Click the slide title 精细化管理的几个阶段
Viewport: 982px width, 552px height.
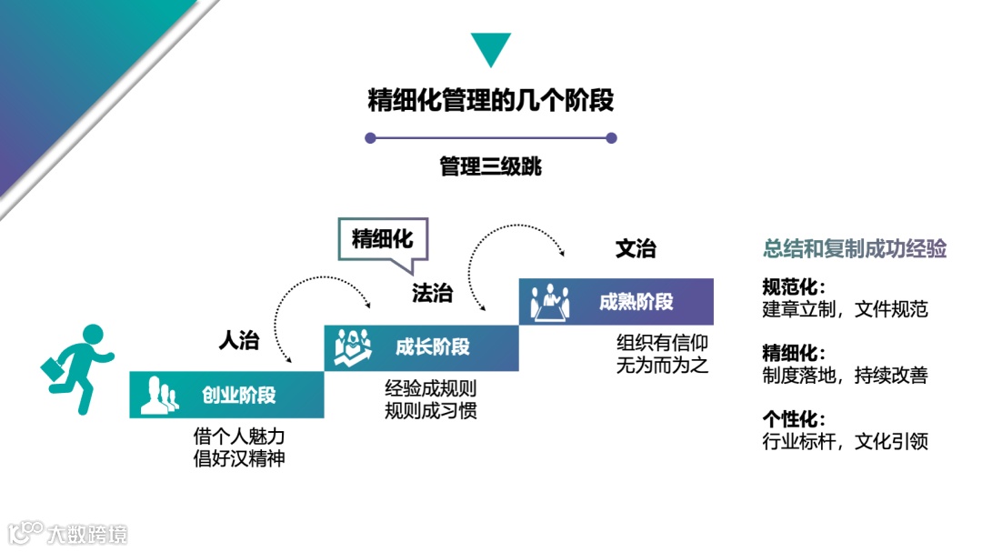490,100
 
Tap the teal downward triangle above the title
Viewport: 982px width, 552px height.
490,47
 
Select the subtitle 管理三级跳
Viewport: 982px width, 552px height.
490,167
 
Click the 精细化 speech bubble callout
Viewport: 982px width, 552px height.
382,239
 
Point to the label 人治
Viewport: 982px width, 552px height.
239,341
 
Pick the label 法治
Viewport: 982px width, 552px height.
432,293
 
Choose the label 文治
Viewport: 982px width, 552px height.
635,248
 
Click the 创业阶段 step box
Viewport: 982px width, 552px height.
226,396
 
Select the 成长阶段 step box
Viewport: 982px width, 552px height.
421,347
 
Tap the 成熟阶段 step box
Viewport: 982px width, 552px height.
616,302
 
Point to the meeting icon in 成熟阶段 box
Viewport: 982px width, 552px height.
549,302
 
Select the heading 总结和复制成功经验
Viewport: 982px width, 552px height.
855,249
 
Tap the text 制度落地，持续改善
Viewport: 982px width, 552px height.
845,375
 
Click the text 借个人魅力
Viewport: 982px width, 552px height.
239,437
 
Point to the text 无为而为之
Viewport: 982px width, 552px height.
662,366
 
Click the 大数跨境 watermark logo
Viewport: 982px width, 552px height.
68,533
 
